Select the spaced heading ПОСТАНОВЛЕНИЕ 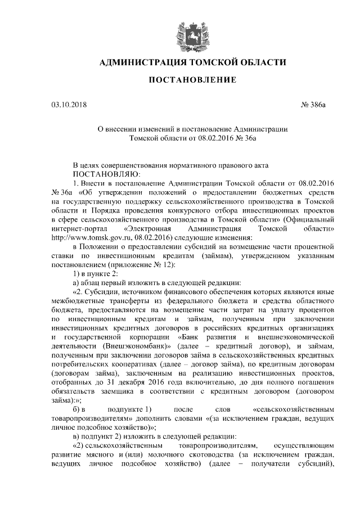192,81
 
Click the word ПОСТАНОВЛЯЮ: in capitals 101,174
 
